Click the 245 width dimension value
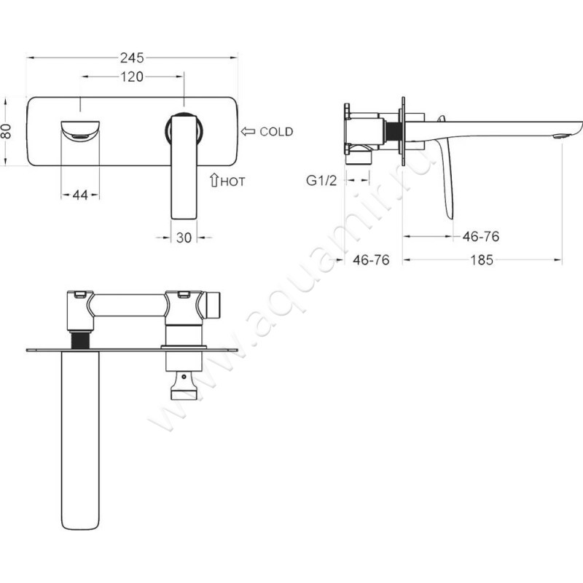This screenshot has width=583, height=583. click(132, 58)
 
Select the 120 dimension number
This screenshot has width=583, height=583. click(132, 77)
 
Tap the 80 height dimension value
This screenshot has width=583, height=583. click(7, 131)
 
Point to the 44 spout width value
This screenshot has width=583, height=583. click(80, 195)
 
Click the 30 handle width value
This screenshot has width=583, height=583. click(184, 238)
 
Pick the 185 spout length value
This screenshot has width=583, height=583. click(482, 260)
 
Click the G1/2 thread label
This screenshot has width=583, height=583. click(321, 180)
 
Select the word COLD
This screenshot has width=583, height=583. click(276, 132)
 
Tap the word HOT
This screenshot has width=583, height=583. click(232, 181)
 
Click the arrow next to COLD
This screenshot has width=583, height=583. click(248, 131)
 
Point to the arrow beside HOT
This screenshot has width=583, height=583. click(214, 180)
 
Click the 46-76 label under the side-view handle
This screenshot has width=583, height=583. click(481, 236)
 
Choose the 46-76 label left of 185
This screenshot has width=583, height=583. click(371, 260)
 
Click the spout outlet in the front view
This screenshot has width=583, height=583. click(80, 137)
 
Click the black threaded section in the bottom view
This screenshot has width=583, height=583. click(80, 340)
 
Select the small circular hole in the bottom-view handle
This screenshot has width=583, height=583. click(184, 377)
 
